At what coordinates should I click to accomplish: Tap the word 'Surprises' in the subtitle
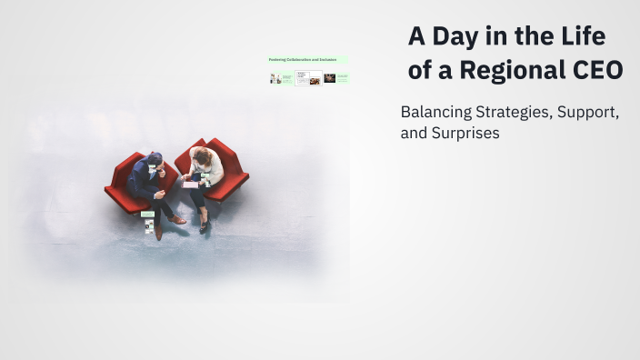[465, 134]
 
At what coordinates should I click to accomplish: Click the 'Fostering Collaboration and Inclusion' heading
[303, 60]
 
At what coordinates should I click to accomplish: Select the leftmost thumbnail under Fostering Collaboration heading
[275, 79]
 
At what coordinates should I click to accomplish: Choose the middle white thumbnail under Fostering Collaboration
[303, 79]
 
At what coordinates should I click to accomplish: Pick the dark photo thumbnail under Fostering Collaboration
[329, 79]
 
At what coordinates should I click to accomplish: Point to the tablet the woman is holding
[190, 183]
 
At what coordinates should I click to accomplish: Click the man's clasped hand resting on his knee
[161, 194]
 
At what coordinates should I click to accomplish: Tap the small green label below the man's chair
[147, 214]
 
